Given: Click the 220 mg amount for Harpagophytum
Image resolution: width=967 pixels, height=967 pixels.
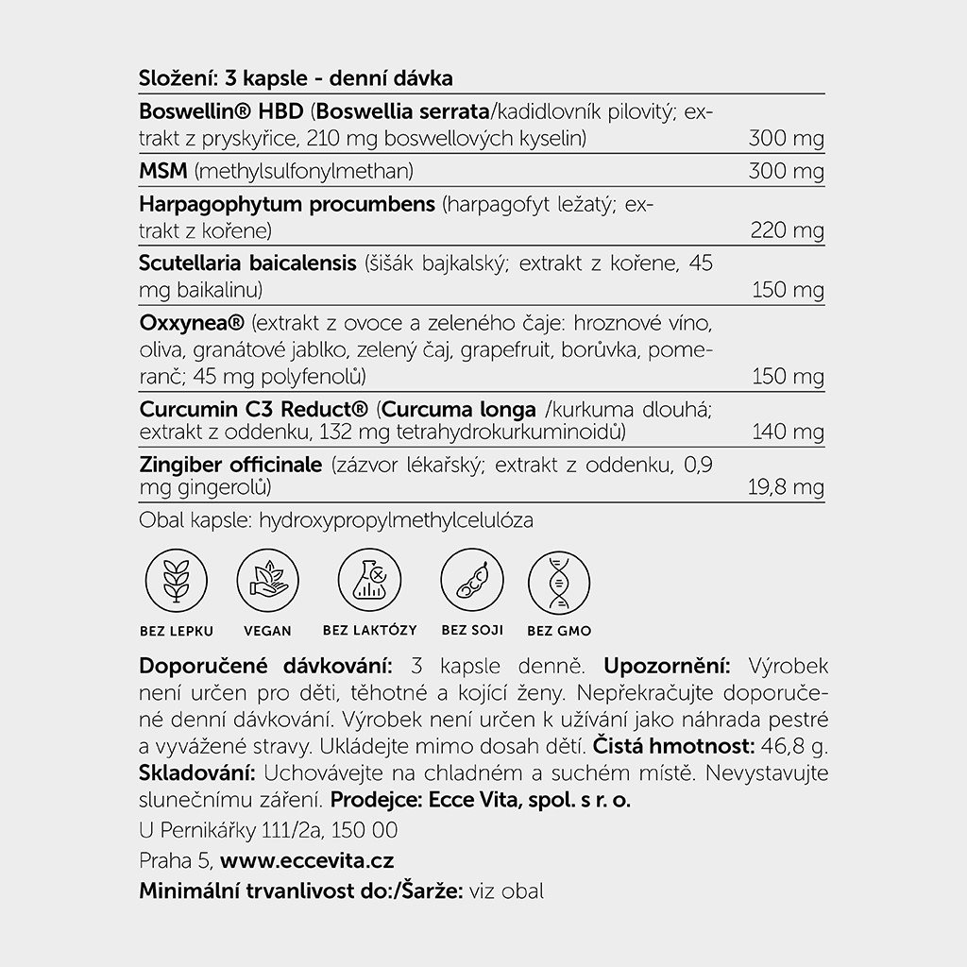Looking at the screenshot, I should click(786, 230).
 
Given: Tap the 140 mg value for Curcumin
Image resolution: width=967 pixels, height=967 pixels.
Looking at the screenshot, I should click(788, 433).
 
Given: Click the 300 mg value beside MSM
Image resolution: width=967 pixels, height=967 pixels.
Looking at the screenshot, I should click(786, 172).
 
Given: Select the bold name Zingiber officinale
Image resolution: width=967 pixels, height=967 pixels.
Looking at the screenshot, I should click(230, 466).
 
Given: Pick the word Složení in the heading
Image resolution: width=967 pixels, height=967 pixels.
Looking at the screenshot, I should click(175, 77).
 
